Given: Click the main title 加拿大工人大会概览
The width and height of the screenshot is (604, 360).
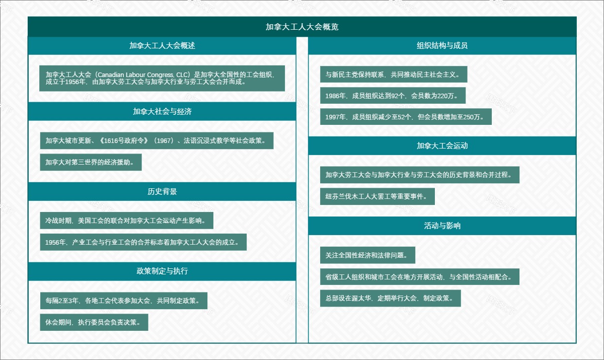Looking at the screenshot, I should pos(302,27).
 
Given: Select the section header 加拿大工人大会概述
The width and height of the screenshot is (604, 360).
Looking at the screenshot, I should pos(162,45).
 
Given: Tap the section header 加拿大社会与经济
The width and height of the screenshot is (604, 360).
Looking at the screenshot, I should pos(162,112).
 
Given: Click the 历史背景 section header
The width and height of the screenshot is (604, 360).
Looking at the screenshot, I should pos(162,191).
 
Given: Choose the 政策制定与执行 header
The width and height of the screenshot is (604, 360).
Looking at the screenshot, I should pos(162,271).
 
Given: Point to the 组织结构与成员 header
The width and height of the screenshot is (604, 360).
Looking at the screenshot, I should pos(442,45).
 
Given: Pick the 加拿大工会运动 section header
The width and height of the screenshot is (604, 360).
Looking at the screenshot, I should pos(442,146).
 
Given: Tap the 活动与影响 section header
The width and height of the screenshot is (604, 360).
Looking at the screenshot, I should pos(442,226).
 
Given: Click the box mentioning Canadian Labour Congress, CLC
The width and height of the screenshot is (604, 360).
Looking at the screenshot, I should pos(162,78).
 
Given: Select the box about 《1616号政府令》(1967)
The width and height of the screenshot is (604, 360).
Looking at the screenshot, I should pos(157,140).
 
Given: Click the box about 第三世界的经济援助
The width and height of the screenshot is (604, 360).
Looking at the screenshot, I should pos(91,162).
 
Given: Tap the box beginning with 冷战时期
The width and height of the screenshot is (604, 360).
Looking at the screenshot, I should pos(126,221).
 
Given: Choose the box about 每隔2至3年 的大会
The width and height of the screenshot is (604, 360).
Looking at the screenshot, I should pos(123,301).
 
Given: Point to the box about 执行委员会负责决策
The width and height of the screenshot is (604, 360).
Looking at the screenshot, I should pos(94,322).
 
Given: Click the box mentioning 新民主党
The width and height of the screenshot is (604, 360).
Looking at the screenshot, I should pos(393,75).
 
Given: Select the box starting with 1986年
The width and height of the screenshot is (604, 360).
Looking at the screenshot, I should pos(393,96).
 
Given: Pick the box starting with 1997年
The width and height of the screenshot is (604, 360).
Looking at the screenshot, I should pos(406,117).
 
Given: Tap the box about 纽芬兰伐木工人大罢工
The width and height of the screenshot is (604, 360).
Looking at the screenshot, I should pos(377,196).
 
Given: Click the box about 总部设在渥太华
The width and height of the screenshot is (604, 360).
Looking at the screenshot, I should pos(390,298).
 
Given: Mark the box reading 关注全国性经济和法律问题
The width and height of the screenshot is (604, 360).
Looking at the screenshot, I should pos(367,255).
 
